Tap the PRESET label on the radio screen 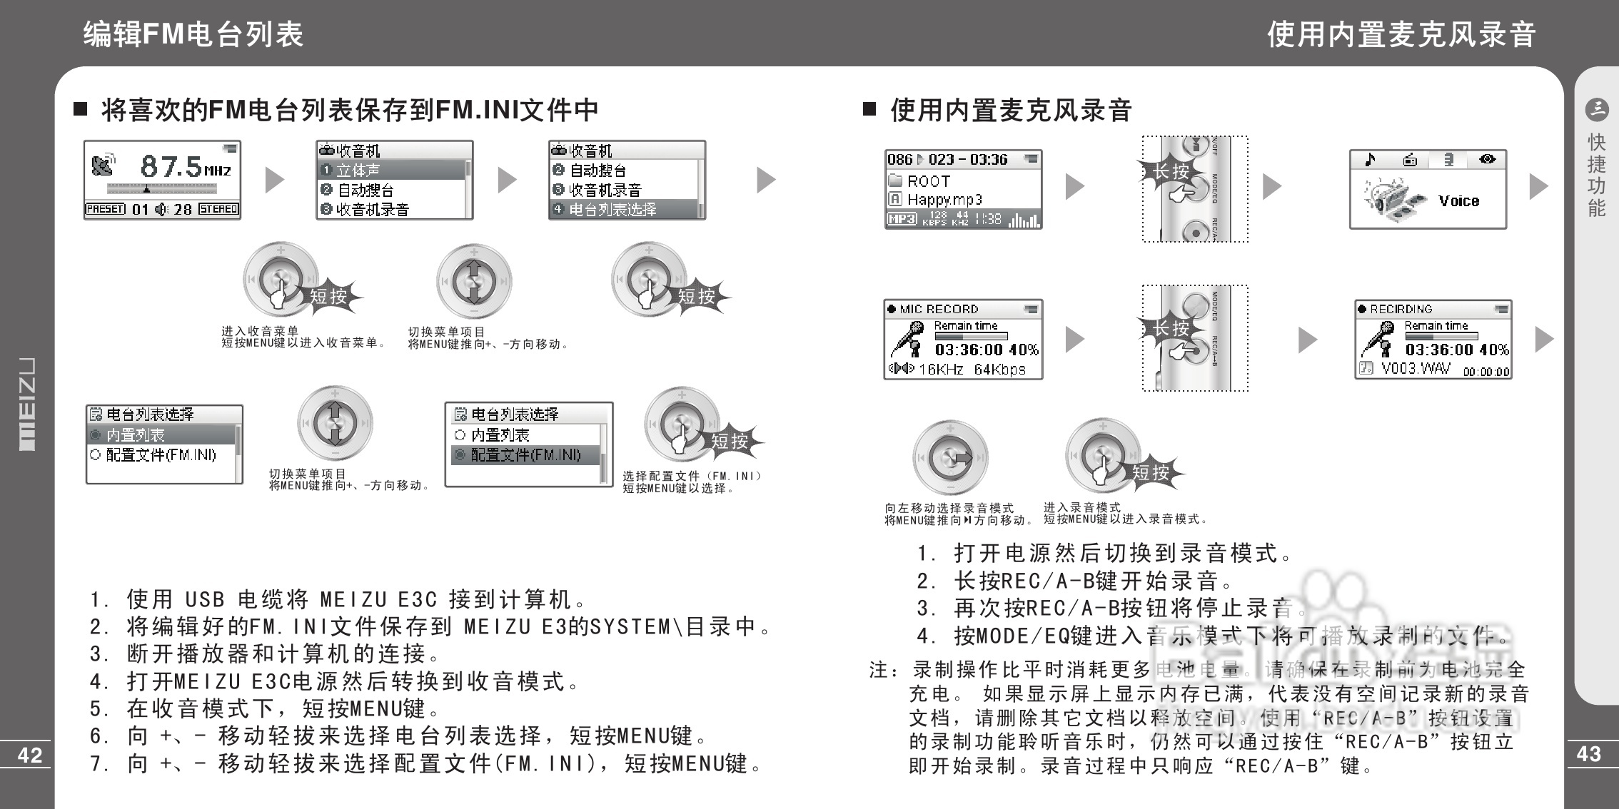pos(105,209)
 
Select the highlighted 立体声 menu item pos(358,171)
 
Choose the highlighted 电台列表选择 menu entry pos(612,210)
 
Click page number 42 pos(30,755)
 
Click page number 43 pos(1588,753)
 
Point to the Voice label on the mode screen pos(1458,201)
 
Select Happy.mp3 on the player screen pos(944,200)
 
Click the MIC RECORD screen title pos(938,309)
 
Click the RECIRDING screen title pos(1401,309)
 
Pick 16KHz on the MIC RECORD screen pos(941,370)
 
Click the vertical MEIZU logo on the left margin pos(26,404)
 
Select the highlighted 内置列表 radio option pos(135,435)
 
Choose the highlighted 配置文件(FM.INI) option pos(525,455)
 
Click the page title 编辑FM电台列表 pos(193,34)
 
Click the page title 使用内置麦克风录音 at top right pos(1401,34)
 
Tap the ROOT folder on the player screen pos(928,181)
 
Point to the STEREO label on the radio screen pos(218,209)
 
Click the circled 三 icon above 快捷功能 pos(1596,109)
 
